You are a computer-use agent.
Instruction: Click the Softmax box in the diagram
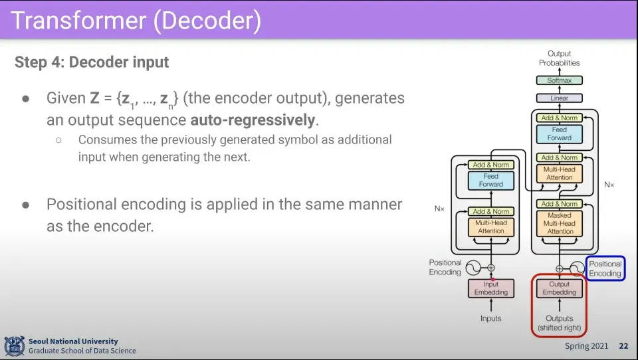pos(559,80)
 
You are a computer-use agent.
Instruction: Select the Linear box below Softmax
pos(559,98)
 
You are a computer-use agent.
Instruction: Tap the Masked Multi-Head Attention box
pos(560,223)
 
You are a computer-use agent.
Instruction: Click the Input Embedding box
pos(490,288)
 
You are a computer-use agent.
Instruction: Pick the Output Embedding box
pos(560,288)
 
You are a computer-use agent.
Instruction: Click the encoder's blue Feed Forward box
pos(490,180)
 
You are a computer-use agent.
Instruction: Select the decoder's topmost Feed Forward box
pos(560,134)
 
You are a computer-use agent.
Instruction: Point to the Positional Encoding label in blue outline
pos(605,268)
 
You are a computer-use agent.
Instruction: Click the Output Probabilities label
pos(559,58)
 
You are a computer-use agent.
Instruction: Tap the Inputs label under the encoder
pos(490,319)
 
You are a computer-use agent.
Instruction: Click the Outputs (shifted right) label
pos(560,323)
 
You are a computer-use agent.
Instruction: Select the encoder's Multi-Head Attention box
pos(490,227)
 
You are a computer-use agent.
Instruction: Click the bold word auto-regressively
pos(253,120)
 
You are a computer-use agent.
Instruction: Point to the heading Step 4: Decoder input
pos(92,62)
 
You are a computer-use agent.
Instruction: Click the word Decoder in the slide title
pos(207,21)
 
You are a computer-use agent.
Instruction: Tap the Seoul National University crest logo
pos(14,346)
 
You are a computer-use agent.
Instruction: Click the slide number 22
pos(624,346)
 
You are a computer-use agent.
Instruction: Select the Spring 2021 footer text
pos(586,346)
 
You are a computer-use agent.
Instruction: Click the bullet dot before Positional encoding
pos(26,205)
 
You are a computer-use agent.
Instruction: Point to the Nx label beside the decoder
pos(609,185)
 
